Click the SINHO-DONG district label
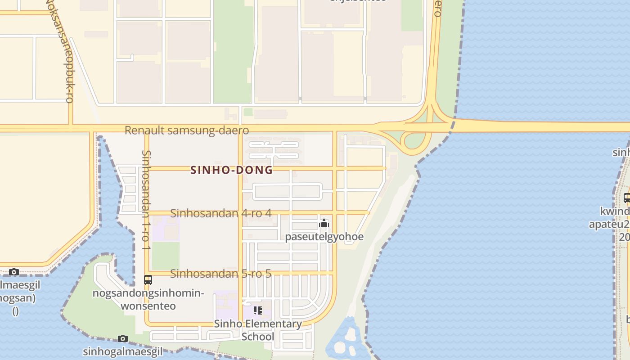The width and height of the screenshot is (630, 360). (231, 170)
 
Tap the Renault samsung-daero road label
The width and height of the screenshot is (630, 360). (186, 130)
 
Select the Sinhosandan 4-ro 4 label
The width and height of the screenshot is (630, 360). (220, 213)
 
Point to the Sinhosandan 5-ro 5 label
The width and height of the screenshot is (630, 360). (220, 273)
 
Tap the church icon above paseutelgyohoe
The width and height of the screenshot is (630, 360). (324, 224)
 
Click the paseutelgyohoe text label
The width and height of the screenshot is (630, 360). (324, 237)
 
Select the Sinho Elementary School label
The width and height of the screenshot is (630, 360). (258, 330)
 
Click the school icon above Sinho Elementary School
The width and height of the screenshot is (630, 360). (257, 310)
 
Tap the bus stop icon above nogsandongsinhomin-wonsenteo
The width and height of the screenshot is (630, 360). (148, 279)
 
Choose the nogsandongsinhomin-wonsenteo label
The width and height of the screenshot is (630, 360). (148, 300)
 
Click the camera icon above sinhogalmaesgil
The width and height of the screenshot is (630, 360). (123, 338)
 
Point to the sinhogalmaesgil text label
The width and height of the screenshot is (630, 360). (123, 351)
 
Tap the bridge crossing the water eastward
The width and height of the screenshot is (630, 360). (540, 126)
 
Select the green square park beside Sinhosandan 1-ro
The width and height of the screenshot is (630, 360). (165, 256)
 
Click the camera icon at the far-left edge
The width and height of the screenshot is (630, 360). (14, 272)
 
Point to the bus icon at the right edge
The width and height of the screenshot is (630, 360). (627, 198)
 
